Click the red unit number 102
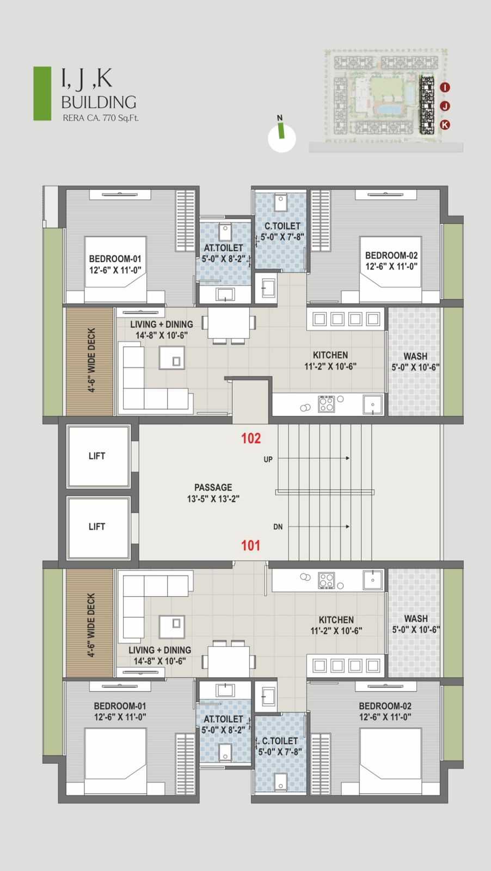point(251,438)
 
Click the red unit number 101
point(250,545)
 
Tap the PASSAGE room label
point(213,487)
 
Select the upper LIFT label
point(97,456)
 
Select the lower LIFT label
point(97,526)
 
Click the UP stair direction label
point(268,459)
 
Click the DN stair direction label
point(278,527)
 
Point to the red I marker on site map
point(445,87)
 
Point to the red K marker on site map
point(445,125)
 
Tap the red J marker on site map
point(445,106)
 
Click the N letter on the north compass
point(280,118)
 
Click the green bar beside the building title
point(42,93)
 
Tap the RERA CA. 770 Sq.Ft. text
point(101,118)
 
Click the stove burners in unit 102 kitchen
point(326,403)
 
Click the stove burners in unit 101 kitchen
point(326,580)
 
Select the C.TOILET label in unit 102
point(283,226)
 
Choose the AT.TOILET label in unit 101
point(223,719)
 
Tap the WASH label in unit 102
point(415,356)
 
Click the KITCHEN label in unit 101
point(336,620)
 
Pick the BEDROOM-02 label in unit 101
point(385,706)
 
